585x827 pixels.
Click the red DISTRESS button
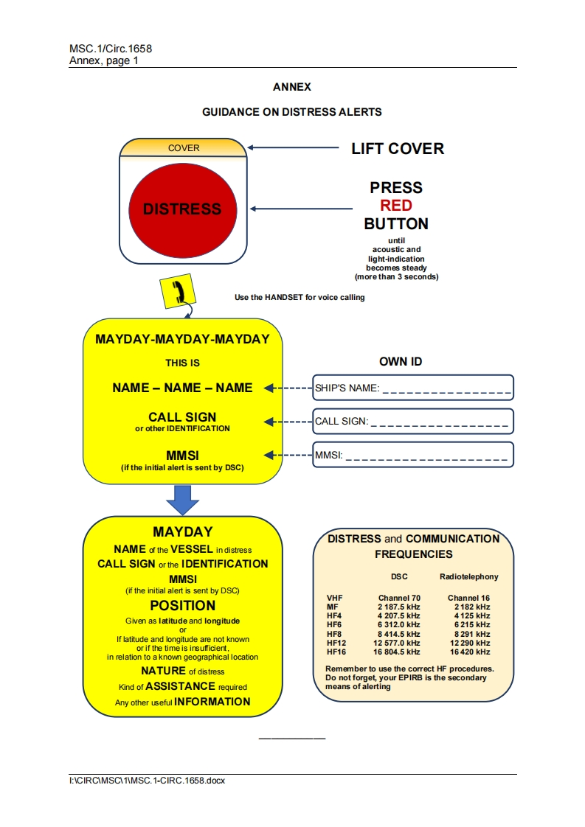181,209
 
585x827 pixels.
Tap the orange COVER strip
183,148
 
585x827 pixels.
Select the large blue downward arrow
182,500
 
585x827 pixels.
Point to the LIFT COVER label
398,149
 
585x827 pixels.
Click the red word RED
396,206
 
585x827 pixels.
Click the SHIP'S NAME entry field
413,388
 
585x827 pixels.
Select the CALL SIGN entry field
413,422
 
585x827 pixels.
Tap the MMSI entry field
413,456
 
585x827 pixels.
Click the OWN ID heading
401,362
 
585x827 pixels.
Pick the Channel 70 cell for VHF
399,598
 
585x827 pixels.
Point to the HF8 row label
336,634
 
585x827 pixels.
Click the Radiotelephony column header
468,576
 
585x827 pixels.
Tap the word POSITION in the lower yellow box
182,606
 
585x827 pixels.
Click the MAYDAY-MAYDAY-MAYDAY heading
182,340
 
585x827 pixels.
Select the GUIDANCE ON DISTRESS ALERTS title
292,112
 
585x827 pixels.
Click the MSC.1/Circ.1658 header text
111,49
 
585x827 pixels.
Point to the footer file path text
147,781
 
